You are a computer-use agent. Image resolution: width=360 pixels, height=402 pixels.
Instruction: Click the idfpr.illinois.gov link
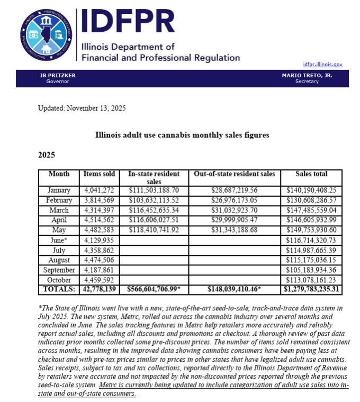[x=322, y=65]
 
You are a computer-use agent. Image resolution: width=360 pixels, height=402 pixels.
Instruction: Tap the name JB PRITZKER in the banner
[x=58, y=76]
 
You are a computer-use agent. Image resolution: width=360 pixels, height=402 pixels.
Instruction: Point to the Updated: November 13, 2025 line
[x=82, y=108]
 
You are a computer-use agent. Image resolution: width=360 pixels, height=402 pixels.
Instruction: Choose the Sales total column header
[x=311, y=174]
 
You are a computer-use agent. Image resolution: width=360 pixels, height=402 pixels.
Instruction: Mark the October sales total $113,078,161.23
[x=311, y=280]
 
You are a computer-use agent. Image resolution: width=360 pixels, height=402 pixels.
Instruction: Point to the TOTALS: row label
[x=59, y=290]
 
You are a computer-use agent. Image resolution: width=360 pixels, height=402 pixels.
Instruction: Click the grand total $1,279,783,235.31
[x=311, y=290]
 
